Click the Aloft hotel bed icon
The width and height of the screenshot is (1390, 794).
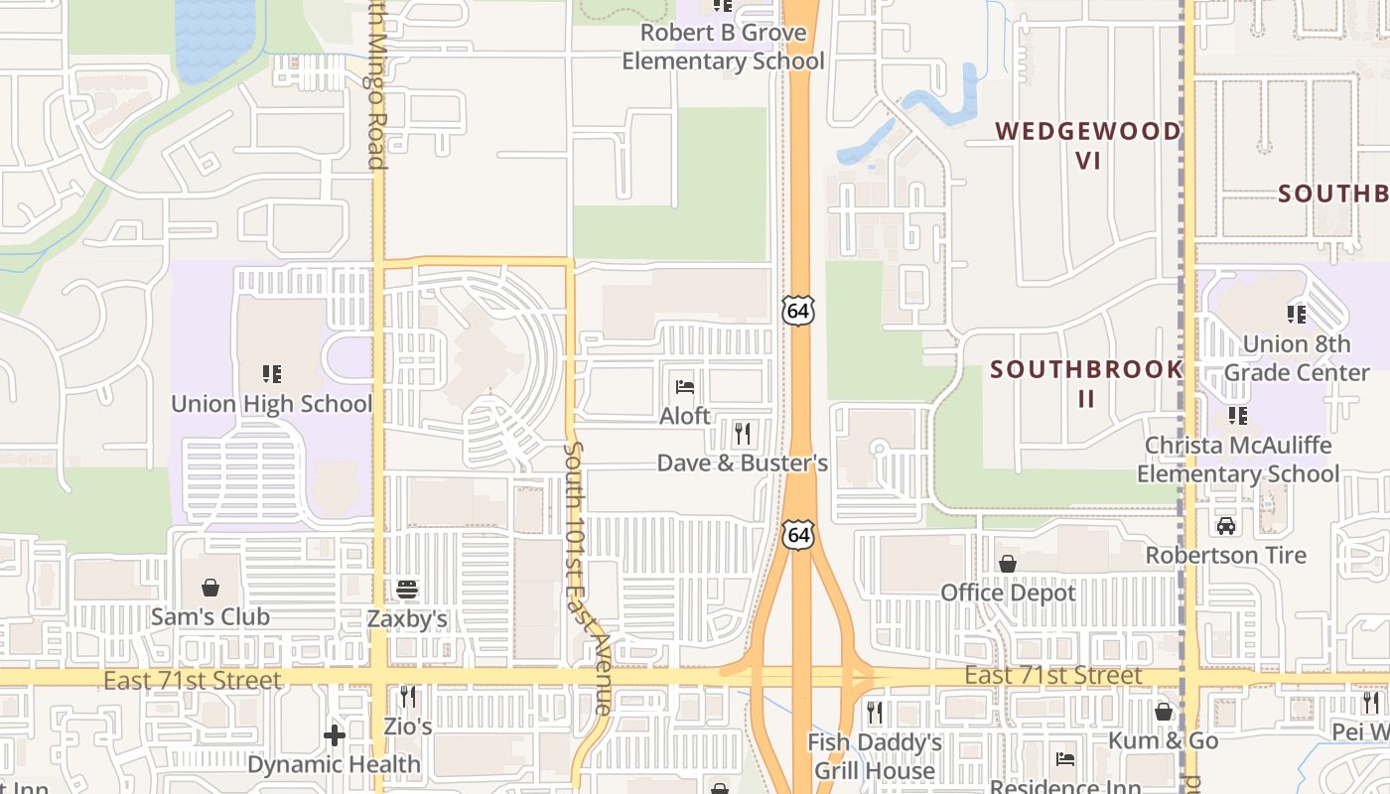click(685, 386)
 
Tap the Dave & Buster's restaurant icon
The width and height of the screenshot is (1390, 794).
click(742, 433)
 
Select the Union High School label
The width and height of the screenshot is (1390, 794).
click(271, 404)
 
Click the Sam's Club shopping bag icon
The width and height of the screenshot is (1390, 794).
click(210, 588)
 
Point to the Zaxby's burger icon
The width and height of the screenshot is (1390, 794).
click(407, 590)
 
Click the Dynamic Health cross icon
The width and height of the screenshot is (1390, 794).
click(335, 735)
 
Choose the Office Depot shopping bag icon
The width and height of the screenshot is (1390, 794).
click(1008, 564)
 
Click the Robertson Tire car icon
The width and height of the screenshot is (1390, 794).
click(1226, 525)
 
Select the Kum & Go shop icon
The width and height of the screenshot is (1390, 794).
click(1163, 712)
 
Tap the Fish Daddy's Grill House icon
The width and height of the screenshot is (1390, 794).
click(874, 712)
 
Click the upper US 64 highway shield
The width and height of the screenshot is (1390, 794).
click(797, 310)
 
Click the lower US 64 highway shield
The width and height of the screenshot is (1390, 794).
click(798, 534)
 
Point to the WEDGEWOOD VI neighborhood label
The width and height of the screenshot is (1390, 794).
click(1088, 145)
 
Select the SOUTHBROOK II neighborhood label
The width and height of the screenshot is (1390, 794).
click(1086, 383)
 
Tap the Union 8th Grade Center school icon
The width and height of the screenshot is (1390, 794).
click(1297, 315)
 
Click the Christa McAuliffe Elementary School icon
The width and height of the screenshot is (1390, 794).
click(1237, 415)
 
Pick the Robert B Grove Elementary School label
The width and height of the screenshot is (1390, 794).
click(723, 47)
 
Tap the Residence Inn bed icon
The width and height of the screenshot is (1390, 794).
click(1065, 760)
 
